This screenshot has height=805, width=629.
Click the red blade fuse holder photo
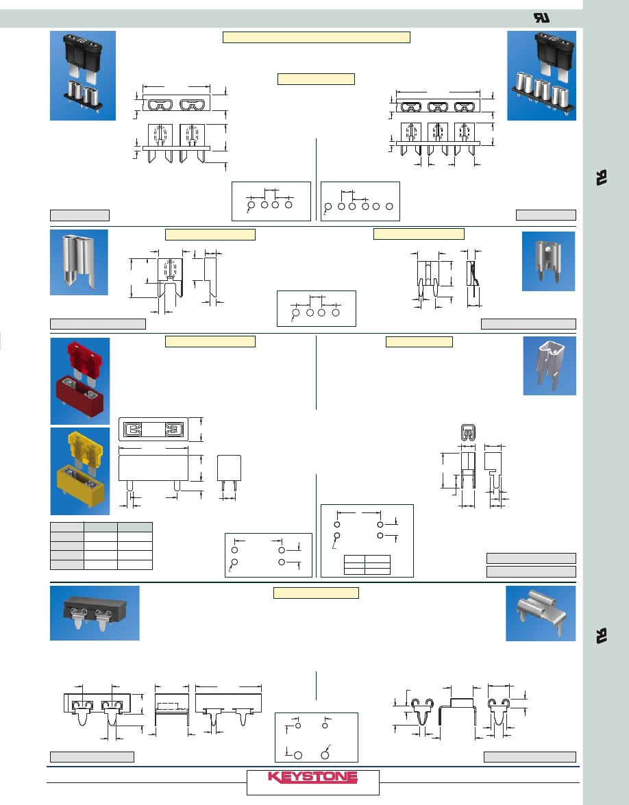point(79,381)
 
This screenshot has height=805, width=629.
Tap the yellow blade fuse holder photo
point(79,471)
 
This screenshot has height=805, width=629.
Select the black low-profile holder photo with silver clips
point(95,612)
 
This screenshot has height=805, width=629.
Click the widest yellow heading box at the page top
point(317,37)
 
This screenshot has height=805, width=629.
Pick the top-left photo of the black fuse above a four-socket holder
point(83,75)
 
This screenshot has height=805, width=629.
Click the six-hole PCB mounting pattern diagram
point(360,201)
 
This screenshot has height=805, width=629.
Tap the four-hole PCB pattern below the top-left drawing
point(271,201)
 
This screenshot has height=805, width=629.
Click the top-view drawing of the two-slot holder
point(174,105)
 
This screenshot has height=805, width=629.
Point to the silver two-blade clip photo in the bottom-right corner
point(541,613)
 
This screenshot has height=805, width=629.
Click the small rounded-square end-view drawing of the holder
point(230,470)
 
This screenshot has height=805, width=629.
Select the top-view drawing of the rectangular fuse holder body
point(153,430)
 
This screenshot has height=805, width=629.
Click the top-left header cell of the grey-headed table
point(67,527)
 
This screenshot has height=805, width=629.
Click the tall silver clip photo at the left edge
point(79,262)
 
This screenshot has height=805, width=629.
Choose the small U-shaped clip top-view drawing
point(467,432)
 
